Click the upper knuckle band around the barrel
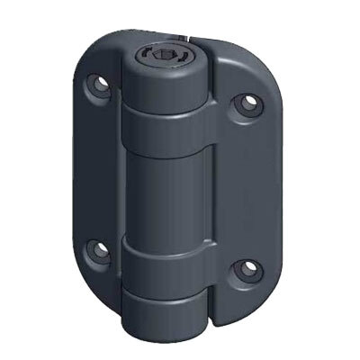click(x=167, y=126)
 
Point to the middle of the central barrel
click(x=167, y=193)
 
